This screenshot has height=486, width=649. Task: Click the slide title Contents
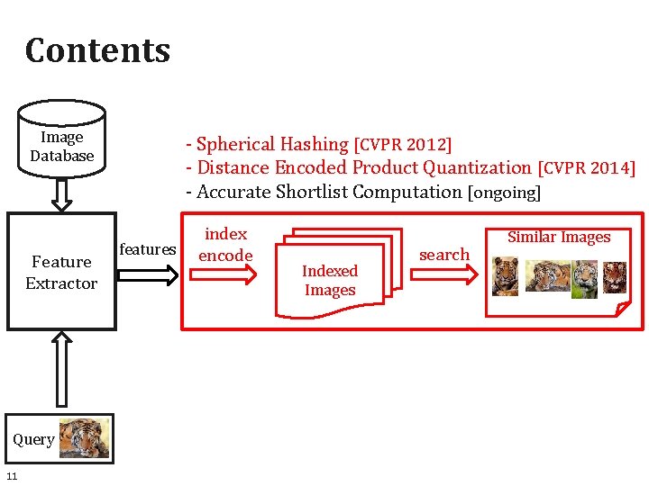[x=97, y=50]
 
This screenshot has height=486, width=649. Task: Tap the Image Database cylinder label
[x=61, y=146]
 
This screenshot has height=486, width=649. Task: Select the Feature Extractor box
[x=61, y=272]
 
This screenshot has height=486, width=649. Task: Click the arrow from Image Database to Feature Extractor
[x=61, y=193]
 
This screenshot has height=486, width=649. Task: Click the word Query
[x=33, y=439]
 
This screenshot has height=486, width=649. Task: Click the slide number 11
[x=12, y=475]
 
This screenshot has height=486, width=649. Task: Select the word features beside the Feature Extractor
[x=148, y=249]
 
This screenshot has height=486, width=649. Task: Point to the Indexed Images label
[x=329, y=280]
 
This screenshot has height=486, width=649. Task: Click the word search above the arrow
[x=444, y=255]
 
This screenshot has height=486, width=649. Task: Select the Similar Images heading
[x=559, y=238]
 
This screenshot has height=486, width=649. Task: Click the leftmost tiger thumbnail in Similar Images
[x=505, y=276]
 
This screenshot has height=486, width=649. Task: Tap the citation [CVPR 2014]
[x=587, y=168]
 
